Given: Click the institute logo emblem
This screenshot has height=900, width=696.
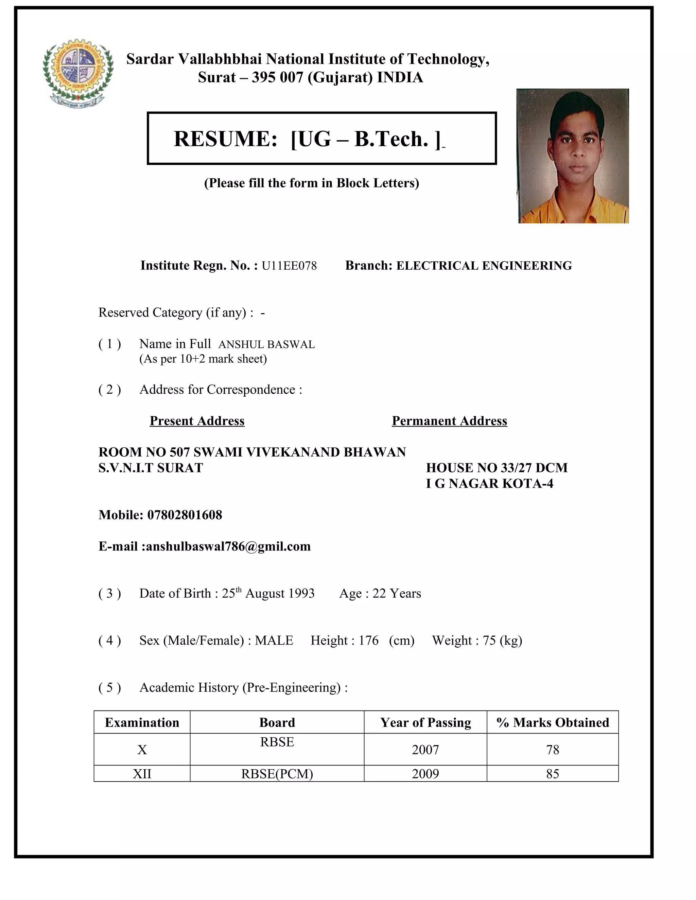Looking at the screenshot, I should pyautogui.click(x=77, y=73).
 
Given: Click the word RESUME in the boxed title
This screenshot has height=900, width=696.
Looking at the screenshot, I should pyautogui.click(x=225, y=139).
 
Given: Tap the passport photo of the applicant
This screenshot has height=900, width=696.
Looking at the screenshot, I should pyautogui.click(x=573, y=156).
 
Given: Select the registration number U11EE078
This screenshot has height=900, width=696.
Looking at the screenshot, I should pyautogui.click(x=289, y=266).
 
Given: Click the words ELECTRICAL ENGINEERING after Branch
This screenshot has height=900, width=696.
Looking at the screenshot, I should pyautogui.click(x=484, y=266).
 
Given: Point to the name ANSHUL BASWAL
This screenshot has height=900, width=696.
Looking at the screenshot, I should pyautogui.click(x=266, y=344).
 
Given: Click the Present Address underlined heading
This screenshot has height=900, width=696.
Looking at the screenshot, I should pyautogui.click(x=197, y=421).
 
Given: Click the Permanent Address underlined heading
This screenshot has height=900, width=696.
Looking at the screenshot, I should pyautogui.click(x=449, y=421).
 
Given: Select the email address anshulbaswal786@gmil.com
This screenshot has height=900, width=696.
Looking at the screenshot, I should pyautogui.click(x=228, y=546).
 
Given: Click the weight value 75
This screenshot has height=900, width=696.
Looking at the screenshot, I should pyautogui.click(x=489, y=641).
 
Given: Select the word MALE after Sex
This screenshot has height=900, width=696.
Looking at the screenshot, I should pyautogui.click(x=274, y=641).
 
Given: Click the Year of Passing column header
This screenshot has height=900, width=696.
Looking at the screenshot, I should pyautogui.click(x=425, y=722).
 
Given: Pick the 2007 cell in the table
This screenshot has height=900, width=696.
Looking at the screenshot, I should pyautogui.click(x=425, y=750).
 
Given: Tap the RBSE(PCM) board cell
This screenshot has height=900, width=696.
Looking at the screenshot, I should pyautogui.click(x=277, y=774).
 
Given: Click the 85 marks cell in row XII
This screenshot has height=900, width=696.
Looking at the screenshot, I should pyautogui.click(x=553, y=774).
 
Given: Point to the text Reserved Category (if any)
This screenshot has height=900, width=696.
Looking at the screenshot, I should pyautogui.click(x=172, y=312).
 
